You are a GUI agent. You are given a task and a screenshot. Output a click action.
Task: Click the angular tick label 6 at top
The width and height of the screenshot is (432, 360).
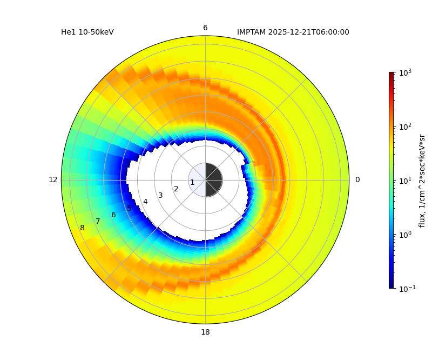pos(205,28)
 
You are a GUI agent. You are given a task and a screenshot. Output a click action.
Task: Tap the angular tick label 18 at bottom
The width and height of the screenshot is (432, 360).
pos(205,332)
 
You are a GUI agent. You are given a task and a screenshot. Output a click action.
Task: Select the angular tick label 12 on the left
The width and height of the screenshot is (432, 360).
pos(53,180)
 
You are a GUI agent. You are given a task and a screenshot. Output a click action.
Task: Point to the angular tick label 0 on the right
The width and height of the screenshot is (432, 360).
pos(357,180)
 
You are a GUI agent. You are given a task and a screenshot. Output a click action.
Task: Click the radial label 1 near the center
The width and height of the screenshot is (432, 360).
pos(192,183)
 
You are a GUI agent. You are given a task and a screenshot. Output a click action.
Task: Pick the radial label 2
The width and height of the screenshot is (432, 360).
pos(176,189)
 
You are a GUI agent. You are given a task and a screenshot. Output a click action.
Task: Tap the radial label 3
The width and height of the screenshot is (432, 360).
pos(160,196)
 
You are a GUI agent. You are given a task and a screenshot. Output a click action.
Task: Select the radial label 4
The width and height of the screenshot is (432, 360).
pos(145,202)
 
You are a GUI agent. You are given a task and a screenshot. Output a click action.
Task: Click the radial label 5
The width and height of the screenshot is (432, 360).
pos(129,209)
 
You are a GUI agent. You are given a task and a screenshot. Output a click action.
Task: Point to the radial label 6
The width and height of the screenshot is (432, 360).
pos(113,215)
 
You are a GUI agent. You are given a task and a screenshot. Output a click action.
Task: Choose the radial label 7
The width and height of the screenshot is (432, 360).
pos(98,222)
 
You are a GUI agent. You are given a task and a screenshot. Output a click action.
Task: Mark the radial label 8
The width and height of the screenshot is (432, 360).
pos(82,228)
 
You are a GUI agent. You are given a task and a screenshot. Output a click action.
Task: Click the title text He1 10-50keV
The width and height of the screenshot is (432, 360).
pos(87,32)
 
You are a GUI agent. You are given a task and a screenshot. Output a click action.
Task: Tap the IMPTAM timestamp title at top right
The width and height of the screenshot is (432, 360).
pos(293,32)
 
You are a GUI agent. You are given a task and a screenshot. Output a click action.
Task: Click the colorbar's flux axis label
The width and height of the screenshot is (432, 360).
pos(422,181)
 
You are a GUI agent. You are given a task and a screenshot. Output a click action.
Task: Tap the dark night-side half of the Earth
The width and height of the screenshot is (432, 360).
pos(213,180)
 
